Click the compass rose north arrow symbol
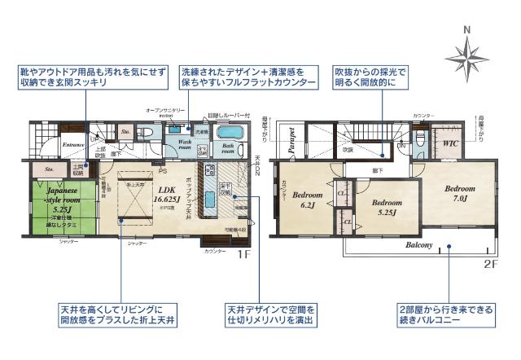coord(466,56)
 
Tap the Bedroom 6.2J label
coord(309,200)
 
